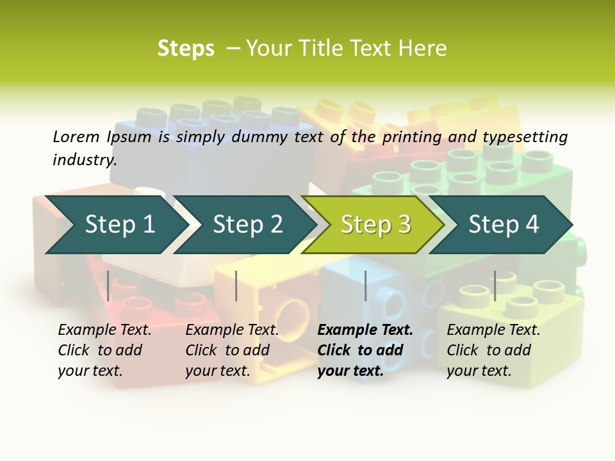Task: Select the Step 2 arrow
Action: click(247, 224)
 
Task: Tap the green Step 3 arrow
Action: click(375, 224)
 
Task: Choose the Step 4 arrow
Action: click(504, 224)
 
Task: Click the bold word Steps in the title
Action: click(186, 49)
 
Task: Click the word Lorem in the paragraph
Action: click(76, 136)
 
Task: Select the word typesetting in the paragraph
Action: click(525, 136)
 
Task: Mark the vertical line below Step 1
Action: click(108, 286)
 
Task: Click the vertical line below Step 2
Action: click(236, 286)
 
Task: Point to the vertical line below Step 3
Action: click(365, 286)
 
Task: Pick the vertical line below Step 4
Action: click(495, 286)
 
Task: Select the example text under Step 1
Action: click(104, 350)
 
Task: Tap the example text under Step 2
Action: click(232, 350)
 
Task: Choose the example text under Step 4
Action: click(493, 350)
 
